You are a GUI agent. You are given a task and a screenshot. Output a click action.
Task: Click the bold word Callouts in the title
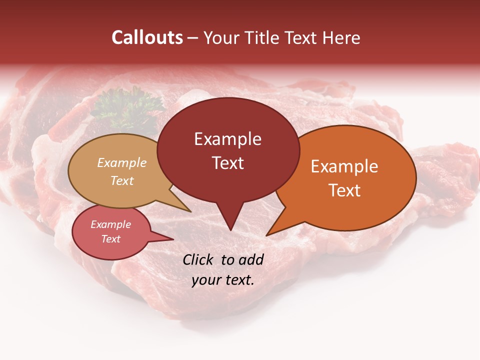147,37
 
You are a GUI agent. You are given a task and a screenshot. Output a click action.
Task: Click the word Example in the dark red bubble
227,139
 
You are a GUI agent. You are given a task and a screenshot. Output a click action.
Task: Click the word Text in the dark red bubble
227,163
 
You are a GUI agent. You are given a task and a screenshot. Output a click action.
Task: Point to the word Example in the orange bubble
344,166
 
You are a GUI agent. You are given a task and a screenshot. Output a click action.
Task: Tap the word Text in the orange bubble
344,190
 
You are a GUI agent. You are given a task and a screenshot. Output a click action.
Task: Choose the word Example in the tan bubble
122,162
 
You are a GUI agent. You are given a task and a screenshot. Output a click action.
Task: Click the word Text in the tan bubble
122,180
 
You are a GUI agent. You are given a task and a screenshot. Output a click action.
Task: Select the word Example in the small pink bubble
110,224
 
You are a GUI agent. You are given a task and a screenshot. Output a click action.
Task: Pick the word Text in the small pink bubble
110,239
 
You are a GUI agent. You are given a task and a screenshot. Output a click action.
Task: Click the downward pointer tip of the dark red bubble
230,230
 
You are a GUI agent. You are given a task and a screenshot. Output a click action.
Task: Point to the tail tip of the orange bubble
266,235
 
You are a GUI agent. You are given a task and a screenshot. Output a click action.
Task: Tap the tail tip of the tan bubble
190,211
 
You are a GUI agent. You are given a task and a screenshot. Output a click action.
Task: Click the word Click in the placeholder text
199,259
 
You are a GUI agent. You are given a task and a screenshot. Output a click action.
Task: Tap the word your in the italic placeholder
205,280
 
